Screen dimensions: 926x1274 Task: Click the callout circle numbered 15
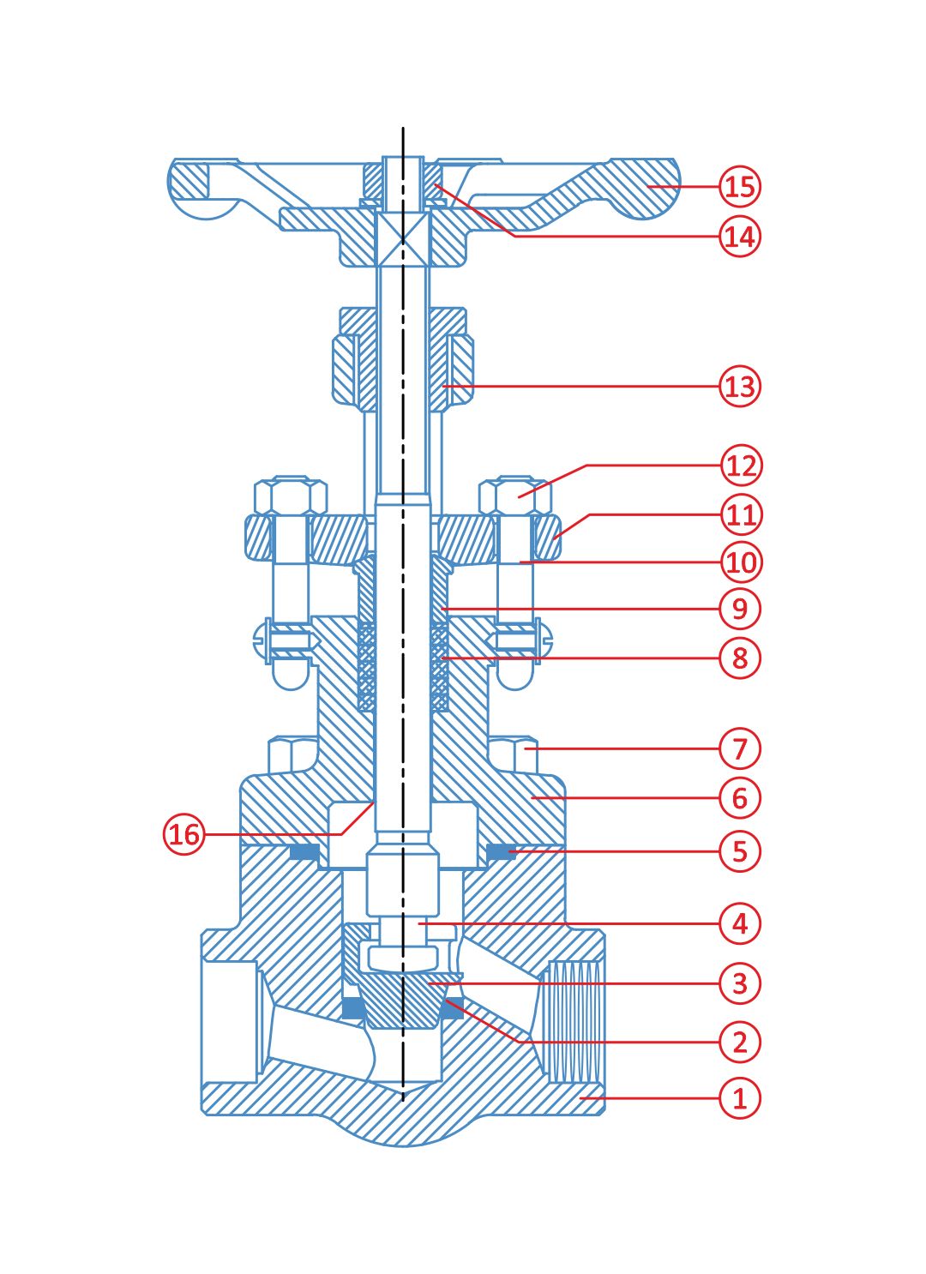[x=740, y=187]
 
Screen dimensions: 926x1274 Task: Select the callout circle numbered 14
[x=740, y=236]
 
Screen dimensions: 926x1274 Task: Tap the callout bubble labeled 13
[x=740, y=386]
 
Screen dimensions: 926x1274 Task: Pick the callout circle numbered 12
[x=741, y=466]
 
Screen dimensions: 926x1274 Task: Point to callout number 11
[x=741, y=514]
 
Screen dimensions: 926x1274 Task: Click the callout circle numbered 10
[x=741, y=562]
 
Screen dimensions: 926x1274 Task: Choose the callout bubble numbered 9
[x=740, y=609]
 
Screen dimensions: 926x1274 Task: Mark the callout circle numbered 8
[x=740, y=658]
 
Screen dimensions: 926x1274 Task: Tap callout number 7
[x=740, y=748]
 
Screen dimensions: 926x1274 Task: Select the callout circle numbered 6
[x=740, y=798]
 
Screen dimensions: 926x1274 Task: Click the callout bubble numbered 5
[x=740, y=851]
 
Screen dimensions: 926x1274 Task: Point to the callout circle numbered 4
[x=740, y=923]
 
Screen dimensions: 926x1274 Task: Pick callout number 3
[x=740, y=983]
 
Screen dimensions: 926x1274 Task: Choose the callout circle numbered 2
[x=740, y=1042]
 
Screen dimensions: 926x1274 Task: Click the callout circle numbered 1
[x=740, y=1098]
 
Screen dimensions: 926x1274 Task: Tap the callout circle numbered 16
[x=183, y=834]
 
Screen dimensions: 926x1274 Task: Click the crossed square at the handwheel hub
[x=403, y=239]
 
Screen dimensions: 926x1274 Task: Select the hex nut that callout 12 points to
[x=515, y=496]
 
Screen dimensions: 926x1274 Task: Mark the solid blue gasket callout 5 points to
[x=501, y=851]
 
